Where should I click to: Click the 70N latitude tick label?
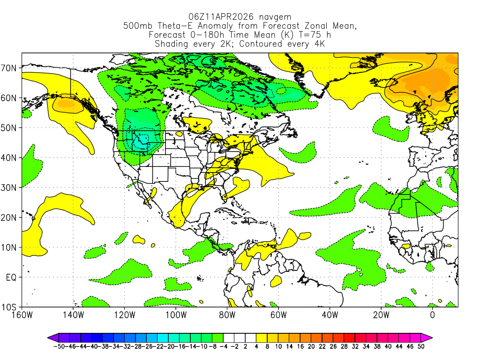[11, 67]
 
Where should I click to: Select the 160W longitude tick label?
[22, 315]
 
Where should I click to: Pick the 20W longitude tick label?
[381, 315]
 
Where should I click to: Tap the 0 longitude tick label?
[433, 315]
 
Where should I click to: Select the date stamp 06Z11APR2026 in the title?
[215, 16]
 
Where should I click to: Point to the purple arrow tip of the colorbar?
[50, 337]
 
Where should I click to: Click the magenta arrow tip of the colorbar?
[429, 337]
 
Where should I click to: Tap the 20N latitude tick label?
[11, 217]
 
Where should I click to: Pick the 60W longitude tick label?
[278, 315]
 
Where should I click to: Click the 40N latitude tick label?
[11, 157]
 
